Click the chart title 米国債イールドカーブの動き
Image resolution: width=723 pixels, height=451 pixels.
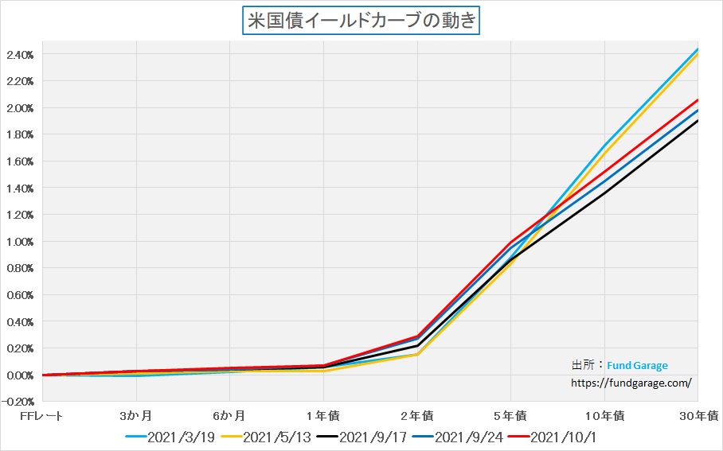point(361,20)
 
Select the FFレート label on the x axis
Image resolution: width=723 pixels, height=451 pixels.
point(41,415)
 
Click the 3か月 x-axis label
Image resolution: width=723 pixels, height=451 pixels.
point(137,415)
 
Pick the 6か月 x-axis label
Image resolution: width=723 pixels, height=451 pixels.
point(229,415)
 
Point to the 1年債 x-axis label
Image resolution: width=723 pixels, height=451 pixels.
point(323,415)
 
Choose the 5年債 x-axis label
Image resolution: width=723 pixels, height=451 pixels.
point(510,415)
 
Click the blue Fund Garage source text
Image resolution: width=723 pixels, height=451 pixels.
point(637,366)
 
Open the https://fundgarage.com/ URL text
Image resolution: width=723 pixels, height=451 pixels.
point(631,382)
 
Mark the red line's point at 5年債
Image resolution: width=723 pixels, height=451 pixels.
point(510,242)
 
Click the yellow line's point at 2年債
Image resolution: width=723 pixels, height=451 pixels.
point(417,354)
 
